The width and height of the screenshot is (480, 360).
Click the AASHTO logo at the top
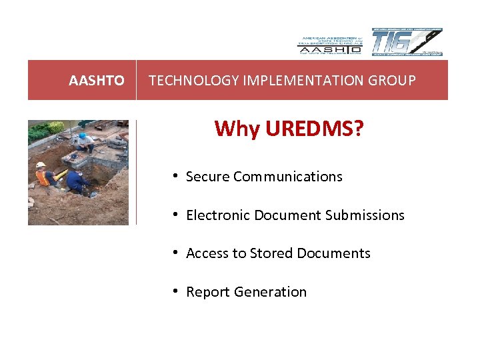click(329, 43)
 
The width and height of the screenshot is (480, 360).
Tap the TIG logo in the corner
click(407, 42)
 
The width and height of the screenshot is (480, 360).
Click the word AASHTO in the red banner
click(97, 81)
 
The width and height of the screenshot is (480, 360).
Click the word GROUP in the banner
click(395, 81)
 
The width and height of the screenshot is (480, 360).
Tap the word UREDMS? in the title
click(315, 128)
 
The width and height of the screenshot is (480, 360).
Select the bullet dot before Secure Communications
click(174, 176)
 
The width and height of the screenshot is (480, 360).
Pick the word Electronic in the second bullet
click(217, 215)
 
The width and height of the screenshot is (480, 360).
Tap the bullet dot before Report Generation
click(174, 291)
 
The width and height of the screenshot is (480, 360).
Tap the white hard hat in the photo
click(41, 165)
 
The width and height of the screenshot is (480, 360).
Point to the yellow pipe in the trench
click(62, 175)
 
